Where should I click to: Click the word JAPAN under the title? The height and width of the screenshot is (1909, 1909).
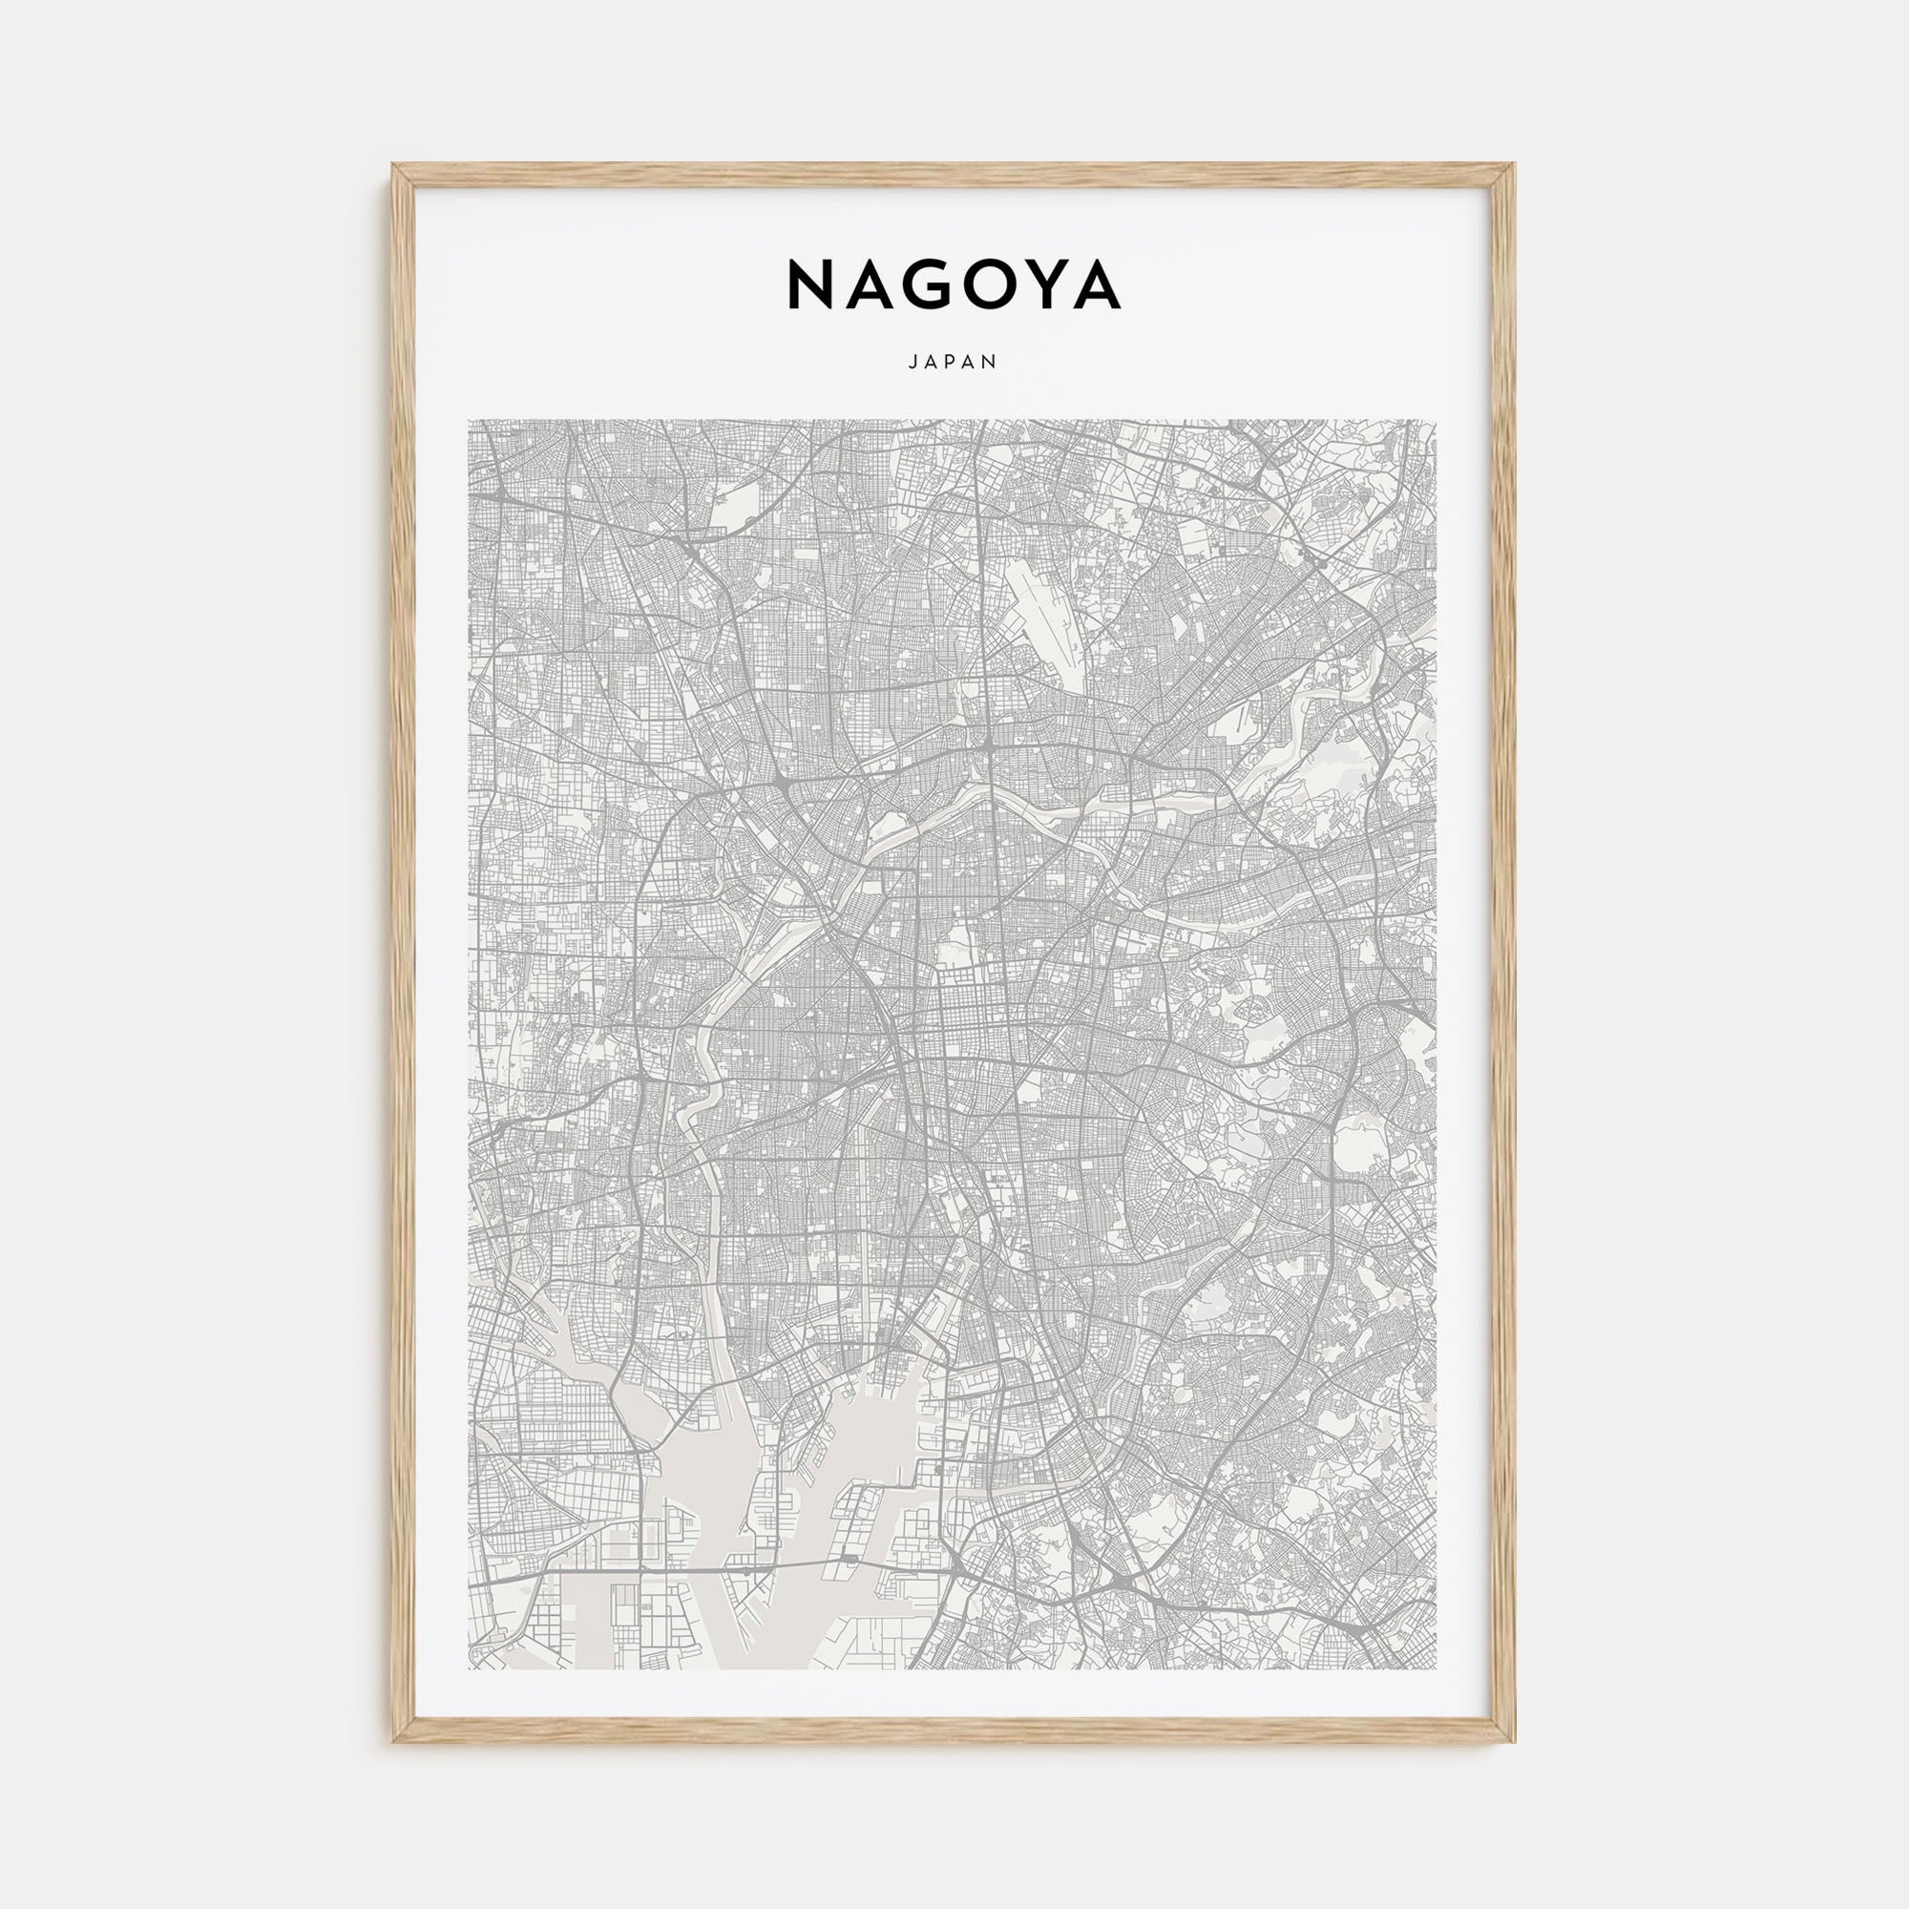point(954,363)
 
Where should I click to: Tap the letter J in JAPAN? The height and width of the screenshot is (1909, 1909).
point(912,363)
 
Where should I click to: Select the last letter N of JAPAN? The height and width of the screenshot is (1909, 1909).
point(992,363)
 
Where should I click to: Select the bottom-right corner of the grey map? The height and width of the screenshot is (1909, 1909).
point(1435,1668)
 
